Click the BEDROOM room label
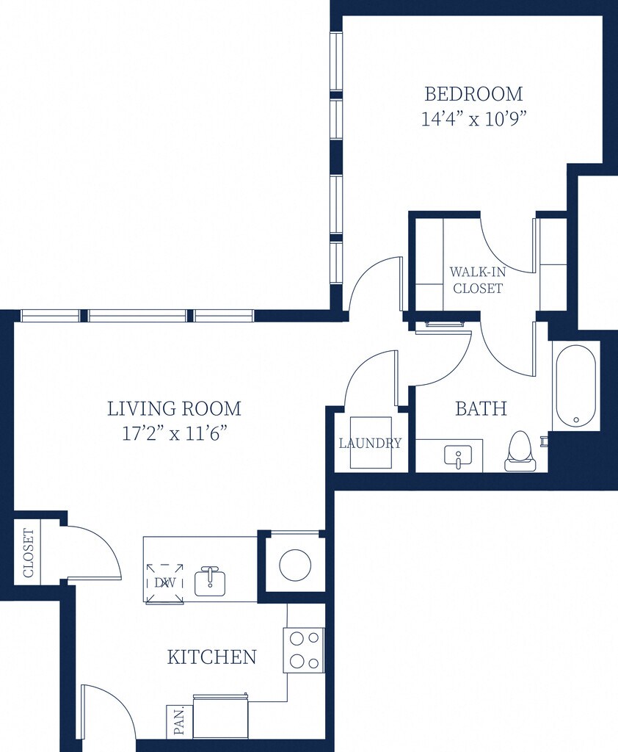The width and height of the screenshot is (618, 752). (x=473, y=94)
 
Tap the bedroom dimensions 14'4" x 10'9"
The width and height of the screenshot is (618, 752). (x=473, y=118)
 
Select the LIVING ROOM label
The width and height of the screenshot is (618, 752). (x=174, y=408)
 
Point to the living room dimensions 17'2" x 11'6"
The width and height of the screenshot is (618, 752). (x=174, y=433)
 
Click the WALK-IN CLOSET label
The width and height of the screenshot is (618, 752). (x=478, y=280)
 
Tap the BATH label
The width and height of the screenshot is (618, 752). (x=481, y=408)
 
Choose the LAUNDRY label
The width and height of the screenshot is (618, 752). (x=370, y=443)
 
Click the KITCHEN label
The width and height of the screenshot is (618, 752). (x=212, y=657)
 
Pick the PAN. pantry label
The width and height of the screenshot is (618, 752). (x=179, y=721)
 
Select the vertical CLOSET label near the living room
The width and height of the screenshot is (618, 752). (x=29, y=553)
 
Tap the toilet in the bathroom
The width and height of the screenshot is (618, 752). (x=520, y=451)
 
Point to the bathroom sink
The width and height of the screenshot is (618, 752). (x=458, y=455)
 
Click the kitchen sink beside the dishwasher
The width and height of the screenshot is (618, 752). (x=210, y=582)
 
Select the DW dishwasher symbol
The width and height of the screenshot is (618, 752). (x=165, y=583)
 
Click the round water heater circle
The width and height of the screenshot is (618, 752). (x=295, y=565)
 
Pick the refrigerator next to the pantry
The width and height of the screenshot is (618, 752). (x=221, y=716)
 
